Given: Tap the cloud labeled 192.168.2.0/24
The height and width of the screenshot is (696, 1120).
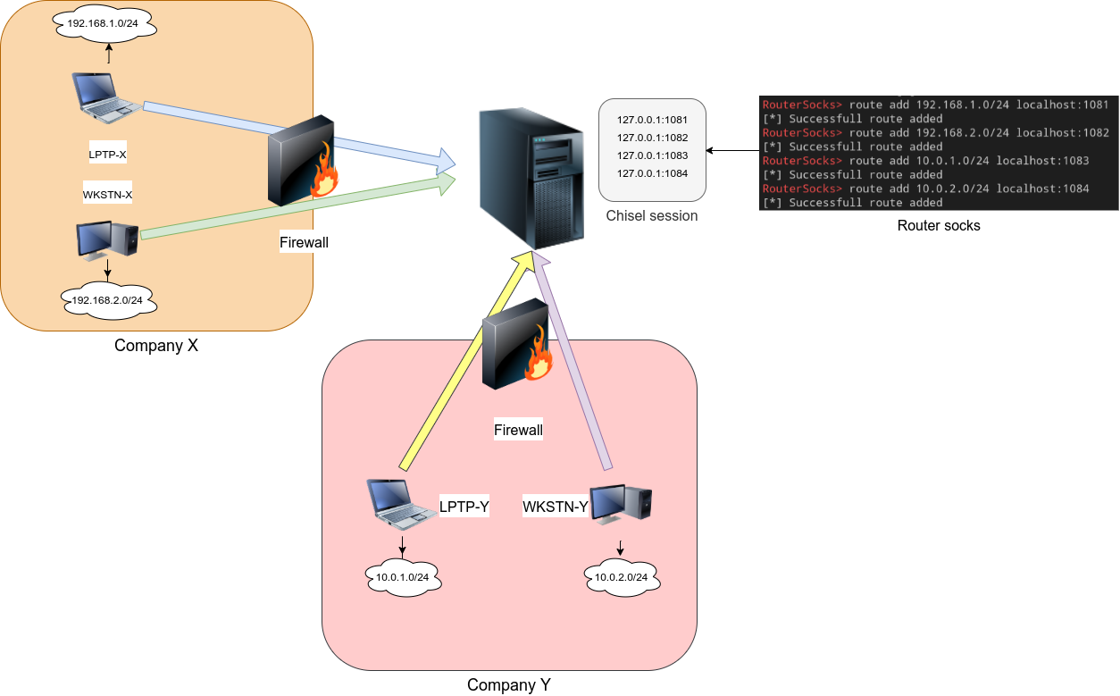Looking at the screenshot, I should (108, 299).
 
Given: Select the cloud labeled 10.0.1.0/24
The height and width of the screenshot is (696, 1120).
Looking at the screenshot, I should (403, 577).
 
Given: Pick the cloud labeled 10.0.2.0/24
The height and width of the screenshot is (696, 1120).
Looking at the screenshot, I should (622, 578).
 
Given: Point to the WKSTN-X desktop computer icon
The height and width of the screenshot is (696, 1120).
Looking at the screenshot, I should (106, 239).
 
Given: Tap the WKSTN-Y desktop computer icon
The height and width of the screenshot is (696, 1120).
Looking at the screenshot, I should (620, 505).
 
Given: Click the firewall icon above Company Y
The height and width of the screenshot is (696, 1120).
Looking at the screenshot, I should (517, 345).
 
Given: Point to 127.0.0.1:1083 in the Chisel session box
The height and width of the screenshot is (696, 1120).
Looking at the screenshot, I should (652, 155).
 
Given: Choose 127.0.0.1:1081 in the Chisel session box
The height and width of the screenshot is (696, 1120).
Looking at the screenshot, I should (652, 120).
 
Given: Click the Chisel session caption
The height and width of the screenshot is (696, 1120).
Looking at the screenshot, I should (651, 215).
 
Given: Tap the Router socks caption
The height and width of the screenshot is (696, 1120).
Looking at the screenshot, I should (938, 226).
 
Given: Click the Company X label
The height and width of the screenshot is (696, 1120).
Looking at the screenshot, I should (155, 346).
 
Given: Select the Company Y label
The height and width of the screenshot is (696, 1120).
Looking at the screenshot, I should (508, 685).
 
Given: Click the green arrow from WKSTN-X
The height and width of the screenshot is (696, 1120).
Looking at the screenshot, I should (295, 208).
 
